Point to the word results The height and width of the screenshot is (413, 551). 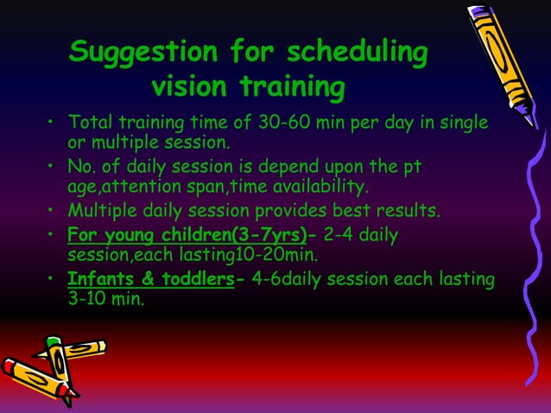[405, 211]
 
